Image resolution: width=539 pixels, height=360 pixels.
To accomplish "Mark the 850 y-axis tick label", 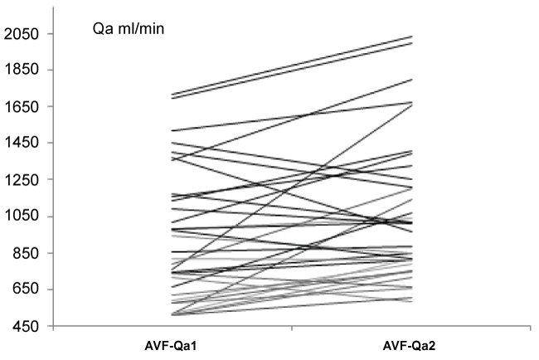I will (x=26, y=253).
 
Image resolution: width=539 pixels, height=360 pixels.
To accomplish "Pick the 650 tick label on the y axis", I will (x=26, y=289).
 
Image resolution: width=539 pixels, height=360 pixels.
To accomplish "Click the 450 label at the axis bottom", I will (x=26, y=326).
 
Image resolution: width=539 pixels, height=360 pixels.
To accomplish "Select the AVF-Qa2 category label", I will (x=412, y=343).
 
